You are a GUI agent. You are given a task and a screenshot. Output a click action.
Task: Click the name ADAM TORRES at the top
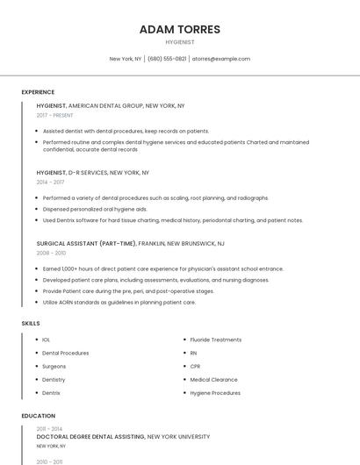click(180, 29)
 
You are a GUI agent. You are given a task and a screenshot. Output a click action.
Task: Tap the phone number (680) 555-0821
click(167, 59)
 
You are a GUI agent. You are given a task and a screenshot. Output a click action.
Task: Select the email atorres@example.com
click(221, 59)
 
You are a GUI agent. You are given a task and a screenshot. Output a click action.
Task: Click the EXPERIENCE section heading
click(38, 92)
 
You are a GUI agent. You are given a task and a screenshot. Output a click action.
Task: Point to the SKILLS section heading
click(31, 324)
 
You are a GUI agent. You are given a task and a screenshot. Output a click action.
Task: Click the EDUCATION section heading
click(39, 416)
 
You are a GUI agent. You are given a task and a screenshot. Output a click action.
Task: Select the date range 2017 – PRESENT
click(54, 115)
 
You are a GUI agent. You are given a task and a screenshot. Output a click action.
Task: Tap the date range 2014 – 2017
click(50, 182)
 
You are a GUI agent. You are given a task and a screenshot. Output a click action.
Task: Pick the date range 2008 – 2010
click(51, 253)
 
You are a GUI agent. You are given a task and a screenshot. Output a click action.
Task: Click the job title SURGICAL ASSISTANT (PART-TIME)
click(86, 243)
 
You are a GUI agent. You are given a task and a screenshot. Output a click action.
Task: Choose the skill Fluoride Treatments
click(215, 340)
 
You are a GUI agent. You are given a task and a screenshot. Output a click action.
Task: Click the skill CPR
click(195, 366)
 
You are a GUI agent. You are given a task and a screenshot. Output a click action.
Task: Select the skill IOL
click(46, 340)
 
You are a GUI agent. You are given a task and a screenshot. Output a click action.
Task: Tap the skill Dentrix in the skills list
click(51, 393)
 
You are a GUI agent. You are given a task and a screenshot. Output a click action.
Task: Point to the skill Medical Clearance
click(213, 380)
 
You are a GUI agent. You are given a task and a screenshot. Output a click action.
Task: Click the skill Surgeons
click(54, 366)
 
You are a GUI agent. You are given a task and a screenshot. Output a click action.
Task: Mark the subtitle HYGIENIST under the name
click(180, 42)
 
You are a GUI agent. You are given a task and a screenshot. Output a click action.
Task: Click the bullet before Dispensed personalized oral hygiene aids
click(38, 210)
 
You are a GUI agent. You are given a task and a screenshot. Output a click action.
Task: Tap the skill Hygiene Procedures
click(215, 393)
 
